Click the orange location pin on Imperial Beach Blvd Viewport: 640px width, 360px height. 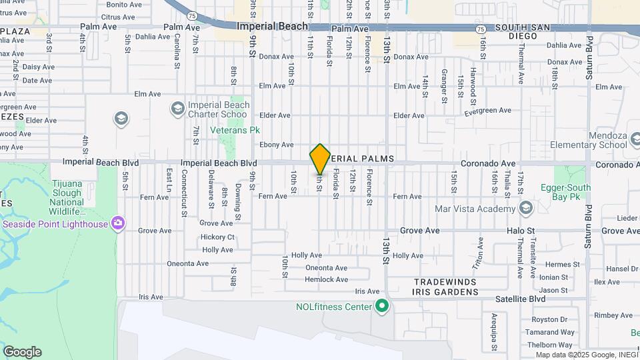(320, 159)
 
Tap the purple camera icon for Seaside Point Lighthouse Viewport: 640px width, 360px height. (118, 223)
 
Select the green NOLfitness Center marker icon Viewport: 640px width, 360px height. (382, 307)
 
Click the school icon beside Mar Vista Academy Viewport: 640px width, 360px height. (525, 209)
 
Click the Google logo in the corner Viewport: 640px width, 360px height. (22, 352)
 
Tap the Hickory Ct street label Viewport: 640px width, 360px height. (217, 237)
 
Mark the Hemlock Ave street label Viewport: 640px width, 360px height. (326, 279)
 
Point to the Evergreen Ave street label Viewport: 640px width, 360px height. (487, 111)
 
